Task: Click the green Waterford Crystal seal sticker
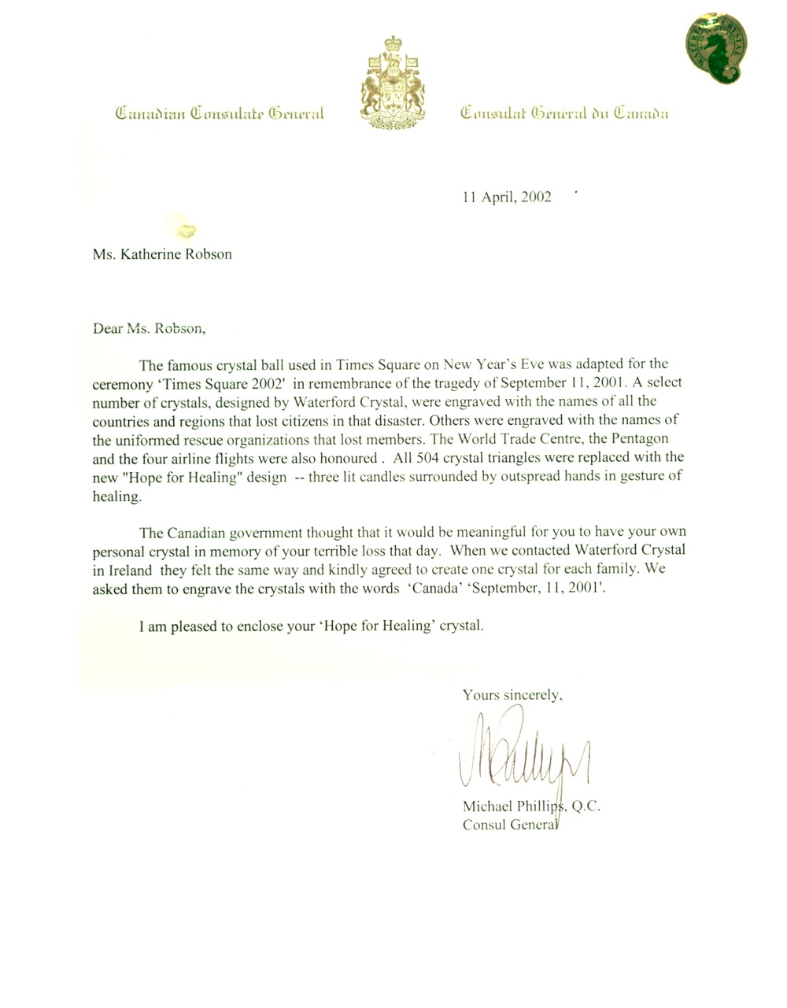point(715,49)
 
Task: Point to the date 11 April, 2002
point(507,197)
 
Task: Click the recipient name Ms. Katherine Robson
point(162,254)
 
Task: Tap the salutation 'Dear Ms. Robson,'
point(149,328)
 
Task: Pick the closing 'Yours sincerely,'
point(512,695)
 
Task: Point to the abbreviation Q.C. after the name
point(584,807)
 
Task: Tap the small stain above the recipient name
point(187,230)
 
